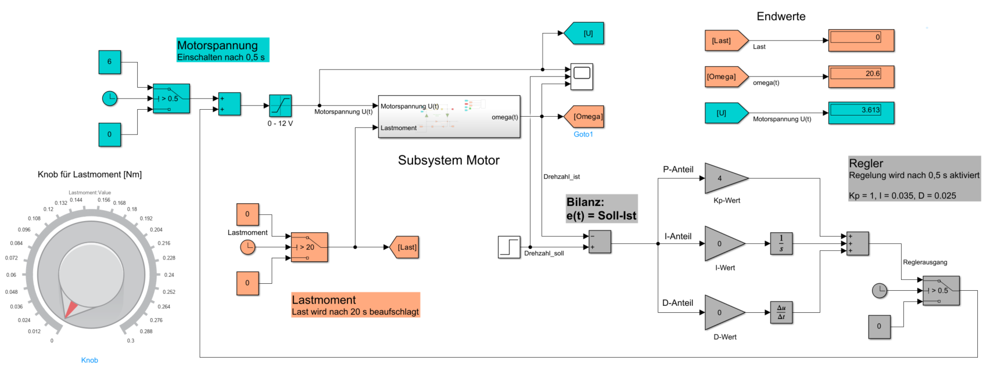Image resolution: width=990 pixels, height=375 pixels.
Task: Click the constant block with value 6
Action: [x=109, y=62]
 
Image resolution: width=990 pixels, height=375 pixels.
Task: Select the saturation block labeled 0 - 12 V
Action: [x=280, y=106]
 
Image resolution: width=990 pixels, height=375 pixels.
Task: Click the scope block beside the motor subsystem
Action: [x=582, y=77]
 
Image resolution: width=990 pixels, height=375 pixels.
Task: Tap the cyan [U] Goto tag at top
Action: [x=584, y=33]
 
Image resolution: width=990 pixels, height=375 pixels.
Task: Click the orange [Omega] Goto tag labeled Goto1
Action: [x=584, y=117]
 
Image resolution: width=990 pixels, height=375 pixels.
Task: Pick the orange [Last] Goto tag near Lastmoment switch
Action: [x=404, y=247]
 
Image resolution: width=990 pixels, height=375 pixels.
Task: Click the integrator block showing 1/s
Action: [x=781, y=243]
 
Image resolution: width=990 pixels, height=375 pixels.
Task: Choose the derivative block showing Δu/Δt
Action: [x=781, y=312]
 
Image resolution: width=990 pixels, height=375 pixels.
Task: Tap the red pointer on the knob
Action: [x=70, y=310]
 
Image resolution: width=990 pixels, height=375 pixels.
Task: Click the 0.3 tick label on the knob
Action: [x=131, y=341]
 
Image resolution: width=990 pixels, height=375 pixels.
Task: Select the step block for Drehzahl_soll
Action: [x=509, y=247]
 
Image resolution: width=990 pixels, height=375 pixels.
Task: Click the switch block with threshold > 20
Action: [x=309, y=247]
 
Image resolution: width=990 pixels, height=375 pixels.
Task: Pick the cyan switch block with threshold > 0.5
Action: [x=171, y=99]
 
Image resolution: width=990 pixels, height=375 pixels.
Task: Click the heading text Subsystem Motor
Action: [x=449, y=160]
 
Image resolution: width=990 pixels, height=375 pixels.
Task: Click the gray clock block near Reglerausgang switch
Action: [x=880, y=290]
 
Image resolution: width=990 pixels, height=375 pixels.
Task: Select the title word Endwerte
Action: [x=781, y=17]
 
